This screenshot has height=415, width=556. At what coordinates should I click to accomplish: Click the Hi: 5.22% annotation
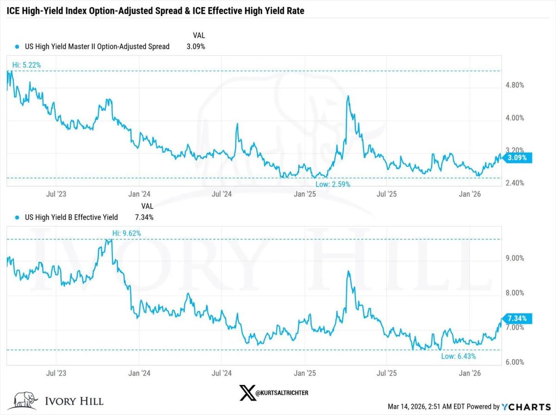pyautogui.click(x=27, y=65)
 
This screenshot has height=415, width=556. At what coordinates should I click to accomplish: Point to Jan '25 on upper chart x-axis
pyautogui.click(x=304, y=193)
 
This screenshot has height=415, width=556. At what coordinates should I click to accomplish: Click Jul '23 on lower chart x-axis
pyautogui.click(x=57, y=373)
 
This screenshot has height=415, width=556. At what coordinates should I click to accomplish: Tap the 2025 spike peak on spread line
pyautogui.click(x=348, y=96)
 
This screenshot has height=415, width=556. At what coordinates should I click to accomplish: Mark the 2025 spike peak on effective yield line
pyautogui.click(x=348, y=271)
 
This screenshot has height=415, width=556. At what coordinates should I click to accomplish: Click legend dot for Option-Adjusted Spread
pyautogui.click(x=17, y=46)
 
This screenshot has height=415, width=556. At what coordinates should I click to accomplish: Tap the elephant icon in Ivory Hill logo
pyautogui.click(x=25, y=400)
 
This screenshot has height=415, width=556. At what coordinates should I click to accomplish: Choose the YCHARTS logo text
pyautogui.click(x=527, y=407)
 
